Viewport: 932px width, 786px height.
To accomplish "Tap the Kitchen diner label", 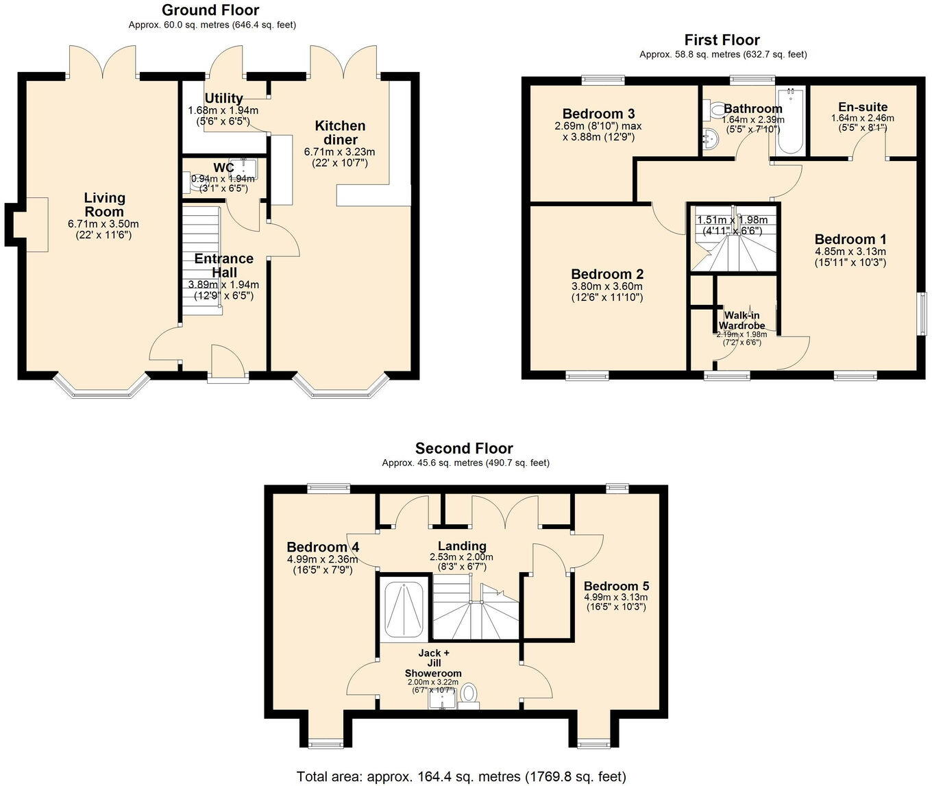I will pyautogui.click(x=340, y=132).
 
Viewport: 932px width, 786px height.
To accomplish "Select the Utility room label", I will pyautogui.click(x=223, y=98).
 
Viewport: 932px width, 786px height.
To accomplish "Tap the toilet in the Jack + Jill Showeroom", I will pyautogui.click(x=469, y=693).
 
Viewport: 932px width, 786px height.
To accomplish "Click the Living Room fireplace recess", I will pyautogui.click(x=36, y=223).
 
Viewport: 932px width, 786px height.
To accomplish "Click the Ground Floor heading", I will pyautogui.click(x=210, y=10).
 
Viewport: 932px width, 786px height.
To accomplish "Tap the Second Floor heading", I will pyautogui.click(x=464, y=449).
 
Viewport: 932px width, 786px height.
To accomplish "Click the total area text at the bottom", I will pyautogui.click(x=461, y=776).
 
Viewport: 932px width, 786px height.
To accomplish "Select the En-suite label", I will pyautogui.click(x=863, y=107).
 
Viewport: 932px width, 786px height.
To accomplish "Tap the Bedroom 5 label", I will pyautogui.click(x=616, y=587).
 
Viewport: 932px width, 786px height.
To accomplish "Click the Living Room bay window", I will pyautogui.click(x=103, y=388).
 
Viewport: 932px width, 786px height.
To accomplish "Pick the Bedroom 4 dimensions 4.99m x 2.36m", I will pyautogui.click(x=322, y=559).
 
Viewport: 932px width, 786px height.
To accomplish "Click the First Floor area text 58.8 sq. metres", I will pyautogui.click(x=722, y=54).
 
